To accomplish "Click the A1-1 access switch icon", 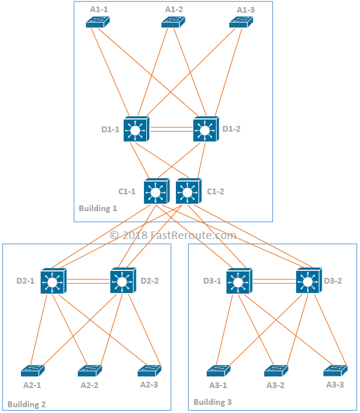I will [98, 22].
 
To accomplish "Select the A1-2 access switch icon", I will [173, 22].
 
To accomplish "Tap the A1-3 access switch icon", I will [241, 22].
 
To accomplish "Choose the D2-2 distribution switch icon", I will [123, 281].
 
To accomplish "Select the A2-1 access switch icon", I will [33, 371].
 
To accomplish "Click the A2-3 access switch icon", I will [150, 371].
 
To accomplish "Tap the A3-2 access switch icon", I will [276, 371].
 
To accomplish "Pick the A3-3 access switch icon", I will [336, 371].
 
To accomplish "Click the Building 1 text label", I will [98, 208].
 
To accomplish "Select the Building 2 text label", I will [27, 404].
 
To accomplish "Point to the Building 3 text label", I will [213, 402].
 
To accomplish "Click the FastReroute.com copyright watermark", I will [173, 235].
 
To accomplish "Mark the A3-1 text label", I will [218, 385].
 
